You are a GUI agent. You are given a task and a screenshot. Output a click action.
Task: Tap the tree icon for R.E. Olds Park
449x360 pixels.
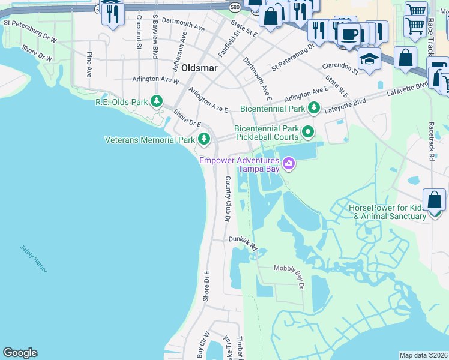[157, 101]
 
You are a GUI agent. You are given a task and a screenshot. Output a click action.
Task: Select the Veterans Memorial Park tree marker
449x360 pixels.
[204, 139]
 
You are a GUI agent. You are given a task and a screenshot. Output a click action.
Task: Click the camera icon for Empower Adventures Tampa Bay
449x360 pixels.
[289, 164]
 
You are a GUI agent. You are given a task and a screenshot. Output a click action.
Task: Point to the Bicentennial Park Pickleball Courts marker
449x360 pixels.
[308, 131]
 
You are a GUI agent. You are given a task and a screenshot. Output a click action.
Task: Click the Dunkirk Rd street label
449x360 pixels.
[243, 243]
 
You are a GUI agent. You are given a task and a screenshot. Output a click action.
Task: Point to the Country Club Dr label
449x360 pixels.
[228, 199]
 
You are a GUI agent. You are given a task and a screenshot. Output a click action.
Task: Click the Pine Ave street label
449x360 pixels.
[89, 64]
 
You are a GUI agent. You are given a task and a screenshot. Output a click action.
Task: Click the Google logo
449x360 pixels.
[20, 353]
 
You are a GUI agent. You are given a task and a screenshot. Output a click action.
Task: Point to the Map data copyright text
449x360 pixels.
[423, 355]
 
